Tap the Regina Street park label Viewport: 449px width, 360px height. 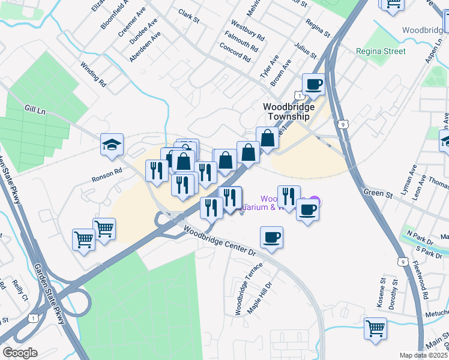pyautogui.click(x=380, y=52)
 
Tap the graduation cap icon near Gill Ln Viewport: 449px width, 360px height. pyautogui.click(x=112, y=145)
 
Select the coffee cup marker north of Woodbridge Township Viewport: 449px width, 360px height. pyautogui.click(x=313, y=84)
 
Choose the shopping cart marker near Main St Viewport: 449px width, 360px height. pyautogui.click(x=375, y=328)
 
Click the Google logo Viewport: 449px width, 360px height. pyautogui.click(x=20, y=353)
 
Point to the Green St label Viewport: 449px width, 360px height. pyautogui.click(x=378, y=193)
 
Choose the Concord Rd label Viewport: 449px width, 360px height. pyautogui.click(x=235, y=54)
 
